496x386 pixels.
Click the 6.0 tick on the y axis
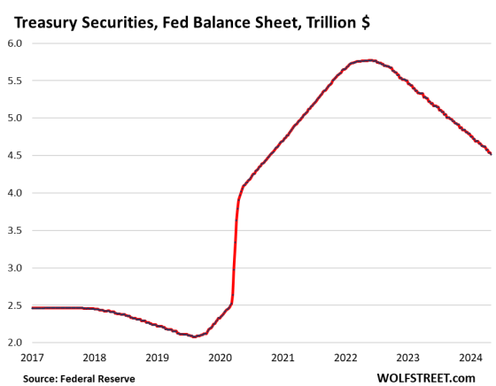point(14,42)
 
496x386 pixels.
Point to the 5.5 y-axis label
point(14,80)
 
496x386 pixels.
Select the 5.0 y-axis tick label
point(14,118)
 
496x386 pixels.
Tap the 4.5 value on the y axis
point(14,155)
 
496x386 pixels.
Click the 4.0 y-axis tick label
point(14,192)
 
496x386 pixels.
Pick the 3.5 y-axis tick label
point(14,230)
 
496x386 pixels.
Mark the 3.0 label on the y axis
point(14,267)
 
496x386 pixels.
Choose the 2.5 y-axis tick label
point(14,305)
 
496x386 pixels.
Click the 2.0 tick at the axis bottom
point(14,343)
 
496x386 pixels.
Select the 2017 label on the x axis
point(32,358)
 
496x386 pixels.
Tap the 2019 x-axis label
point(158,358)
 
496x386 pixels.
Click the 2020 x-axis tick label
point(221,358)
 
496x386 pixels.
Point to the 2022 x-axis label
point(346,358)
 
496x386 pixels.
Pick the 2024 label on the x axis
point(471,358)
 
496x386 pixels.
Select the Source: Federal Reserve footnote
point(81,377)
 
